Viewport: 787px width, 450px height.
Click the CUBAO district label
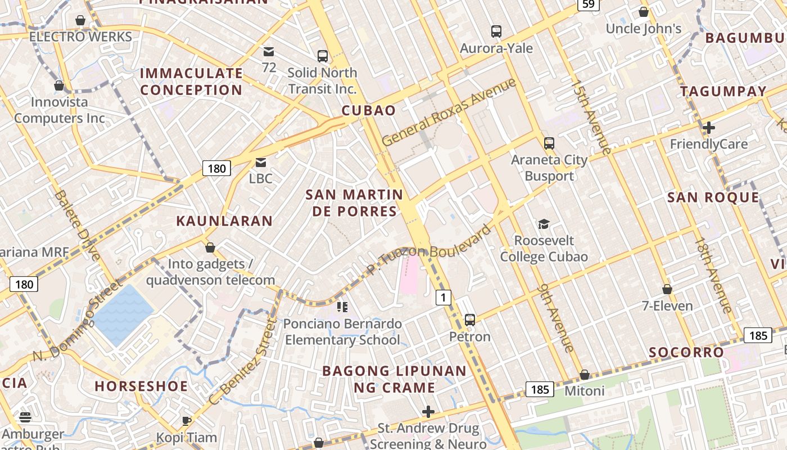pyautogui.click(x=369, y=110)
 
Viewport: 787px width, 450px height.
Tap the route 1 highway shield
pyautogui.click(x=444, y=297)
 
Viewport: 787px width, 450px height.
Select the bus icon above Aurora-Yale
pyautogui.click(x=496, y=31)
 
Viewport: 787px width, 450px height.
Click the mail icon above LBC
pyautogui.click(x=261, y=163)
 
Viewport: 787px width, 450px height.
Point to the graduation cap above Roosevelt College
pyautogui.click(x=544, y=224)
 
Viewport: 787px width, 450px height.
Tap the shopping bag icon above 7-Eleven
pyautogui.click(x=667, y=289)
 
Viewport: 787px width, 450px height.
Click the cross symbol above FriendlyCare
pyautogui.click(x=708, y=128)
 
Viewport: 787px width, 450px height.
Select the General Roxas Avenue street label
pyautogui.click(x=449, y=112)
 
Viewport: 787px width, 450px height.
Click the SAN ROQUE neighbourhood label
pyautogui.click(x=713, y=197)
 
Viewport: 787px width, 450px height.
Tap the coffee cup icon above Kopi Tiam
pyautogui.click(x=187, y=420)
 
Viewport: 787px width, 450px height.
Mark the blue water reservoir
pyautogui.click(x=123, y=314)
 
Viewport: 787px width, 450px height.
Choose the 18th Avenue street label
pyautogui.click(x=713, y=275)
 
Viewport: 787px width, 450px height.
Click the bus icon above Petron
pyautogui.click(x=470, y=320)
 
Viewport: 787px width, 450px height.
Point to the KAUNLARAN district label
pyautogui.click(x=224, y=220)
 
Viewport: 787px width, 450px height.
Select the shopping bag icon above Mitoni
pyautogui.click(x=585, y=375)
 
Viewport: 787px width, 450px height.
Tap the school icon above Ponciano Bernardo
pyautogui.click(x=342, y=307)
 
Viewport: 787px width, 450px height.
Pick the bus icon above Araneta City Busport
pyautogui.click(x=549, y=143)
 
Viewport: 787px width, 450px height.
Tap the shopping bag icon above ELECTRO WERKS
pyautogui.click(x=80, y=20)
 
